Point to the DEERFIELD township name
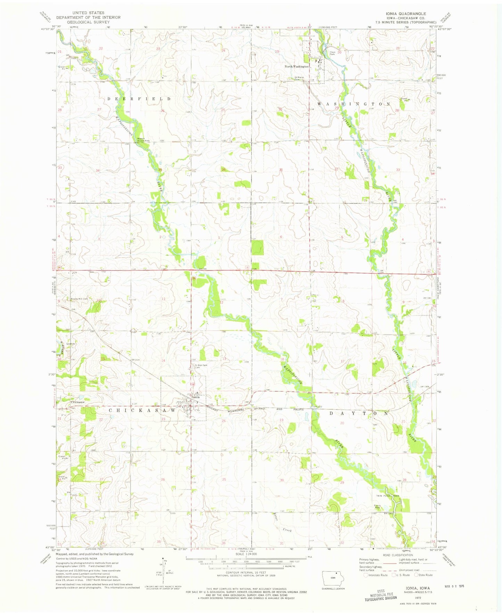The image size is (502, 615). pos(139,99)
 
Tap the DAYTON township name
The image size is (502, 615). pos(359,413)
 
